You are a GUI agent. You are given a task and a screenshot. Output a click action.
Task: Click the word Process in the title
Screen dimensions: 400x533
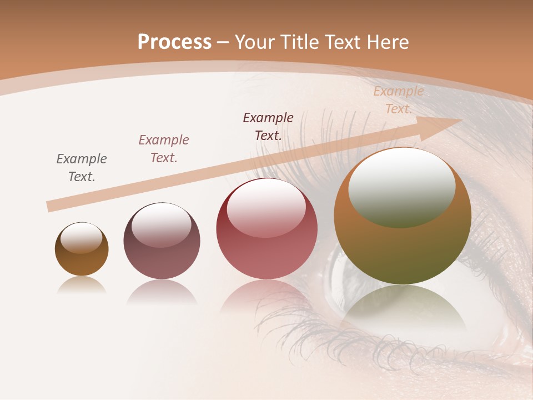pyautogui.click(x=174, y=42)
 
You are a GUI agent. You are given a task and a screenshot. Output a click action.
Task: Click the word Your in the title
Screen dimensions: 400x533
pyautogui.click(x=256, y=42)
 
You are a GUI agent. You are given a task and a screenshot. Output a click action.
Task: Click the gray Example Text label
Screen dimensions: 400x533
pyautogui.click(x=82, y=167)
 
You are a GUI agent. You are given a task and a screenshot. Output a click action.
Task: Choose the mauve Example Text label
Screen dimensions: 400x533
pyautogui.click(x=164, y=148)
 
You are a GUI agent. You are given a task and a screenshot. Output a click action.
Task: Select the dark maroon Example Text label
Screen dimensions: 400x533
pyautogui.click(x=268, y=126)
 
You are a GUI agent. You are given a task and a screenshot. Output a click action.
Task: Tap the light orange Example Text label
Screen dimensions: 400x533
pyautogui.click(x=399, y=100)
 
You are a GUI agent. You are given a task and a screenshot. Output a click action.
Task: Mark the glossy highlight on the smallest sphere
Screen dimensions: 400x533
pyautogui.click(x=81, y=238)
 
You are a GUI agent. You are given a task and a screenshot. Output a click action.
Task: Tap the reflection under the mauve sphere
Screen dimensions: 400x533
pyautogui.click(x=162, y=292)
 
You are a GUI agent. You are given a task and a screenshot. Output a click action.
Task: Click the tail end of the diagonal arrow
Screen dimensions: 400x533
pyautogui.click(x=51, y=206)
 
